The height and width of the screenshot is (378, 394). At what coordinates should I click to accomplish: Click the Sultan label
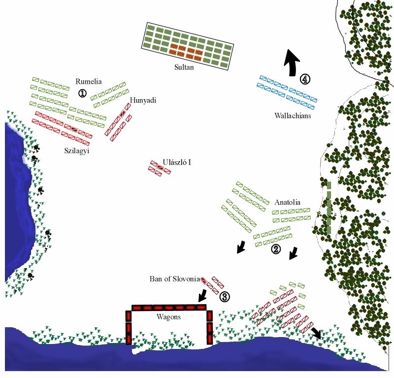pyautogui.click(x=184, y=68)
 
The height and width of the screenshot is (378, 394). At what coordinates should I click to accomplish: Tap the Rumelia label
pyautogui.click(x=89, y=81)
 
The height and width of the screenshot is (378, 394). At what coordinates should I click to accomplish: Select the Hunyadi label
pyautogui.click(x=143, y=101)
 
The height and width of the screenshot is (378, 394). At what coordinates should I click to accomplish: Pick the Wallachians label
pyautogui.click(x=294, y=116)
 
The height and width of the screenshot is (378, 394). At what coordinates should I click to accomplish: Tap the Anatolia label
pyautogui.click(x=287, y=202)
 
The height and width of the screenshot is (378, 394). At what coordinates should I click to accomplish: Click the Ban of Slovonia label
pyautogui.click(x=175, y=279)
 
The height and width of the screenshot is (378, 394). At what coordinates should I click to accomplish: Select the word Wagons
pyautogui.click(x=168, y=317)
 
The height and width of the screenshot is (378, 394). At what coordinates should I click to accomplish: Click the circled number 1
pyautogui.click(x=82, y=93)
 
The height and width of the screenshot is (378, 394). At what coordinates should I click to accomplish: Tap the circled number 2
pyautogui.click(x=276, y=249)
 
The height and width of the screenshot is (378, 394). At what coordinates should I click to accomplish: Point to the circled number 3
pyautogui.click(x=224, y=297)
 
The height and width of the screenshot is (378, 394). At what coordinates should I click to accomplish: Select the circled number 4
pyautogui.click(x=305, y=79)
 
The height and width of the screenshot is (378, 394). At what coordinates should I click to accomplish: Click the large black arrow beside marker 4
pyautogui.click(x=292, y=63)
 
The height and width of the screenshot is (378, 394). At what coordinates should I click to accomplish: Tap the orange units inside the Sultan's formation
pyautogui.click(x=186, y=50)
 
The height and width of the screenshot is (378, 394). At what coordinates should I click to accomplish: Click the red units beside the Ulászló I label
pyautogui.click(x=160, y=168)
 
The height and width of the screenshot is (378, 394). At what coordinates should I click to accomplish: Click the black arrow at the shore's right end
pyautogui.click(x=316, y=333)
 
